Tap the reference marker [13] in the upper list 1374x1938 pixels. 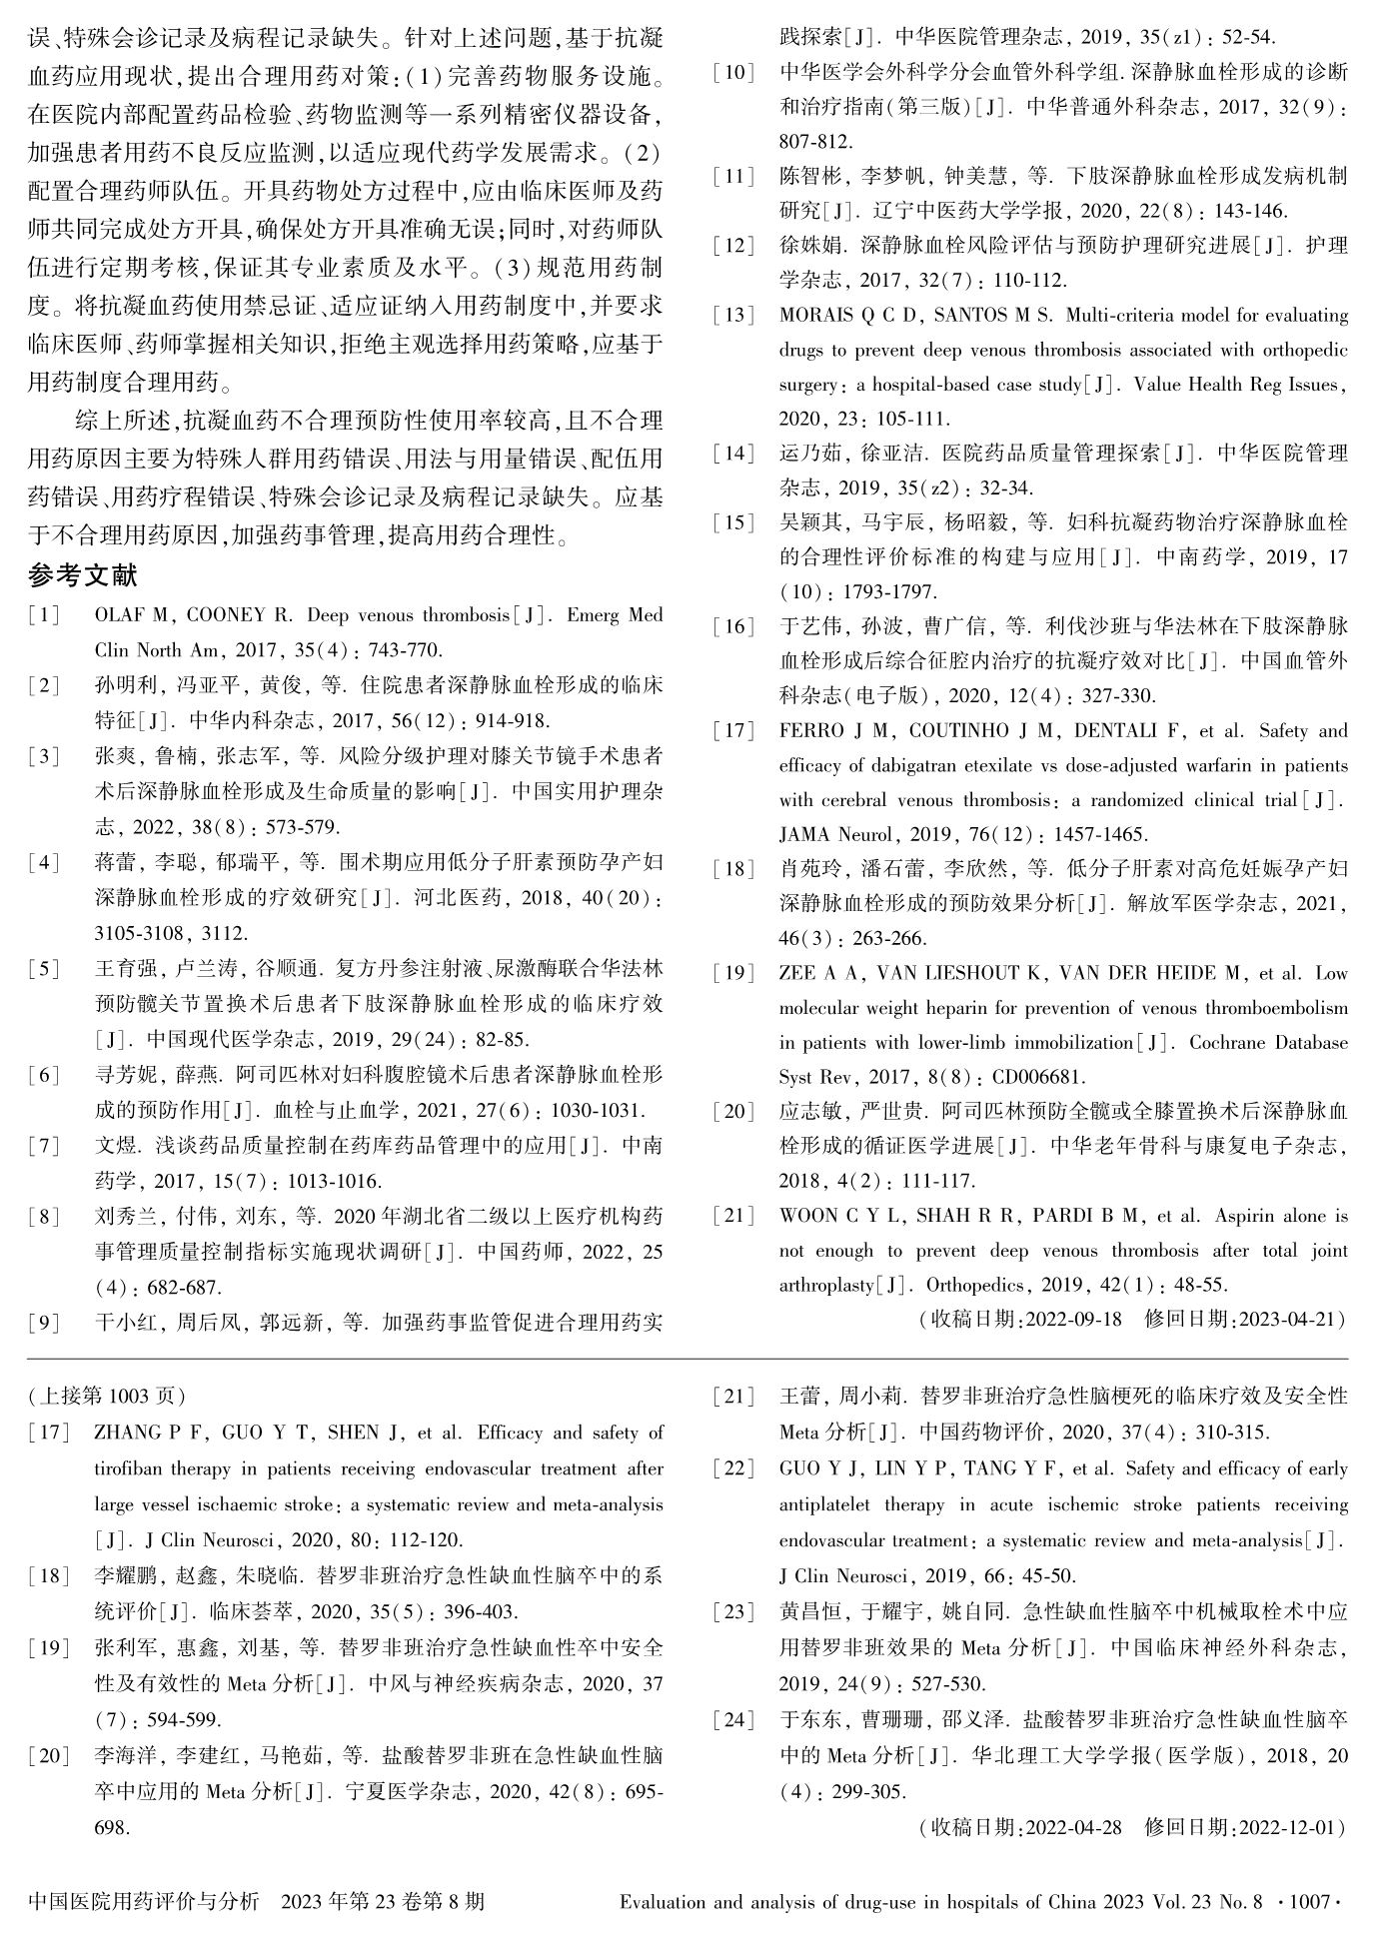coord(733,316)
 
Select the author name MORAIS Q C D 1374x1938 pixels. coord(848,316)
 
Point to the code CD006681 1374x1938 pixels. coord(1038,1077)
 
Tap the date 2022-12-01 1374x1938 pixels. coord(1287,1827)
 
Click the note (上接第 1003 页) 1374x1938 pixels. coord(107,1396)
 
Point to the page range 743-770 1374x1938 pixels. coord(405,649)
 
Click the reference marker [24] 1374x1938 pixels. coord(733,1720)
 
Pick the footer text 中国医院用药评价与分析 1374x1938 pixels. coord(144,1901)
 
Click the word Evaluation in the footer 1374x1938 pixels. coord(666,1901)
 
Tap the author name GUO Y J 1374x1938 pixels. coord(820,1468)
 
